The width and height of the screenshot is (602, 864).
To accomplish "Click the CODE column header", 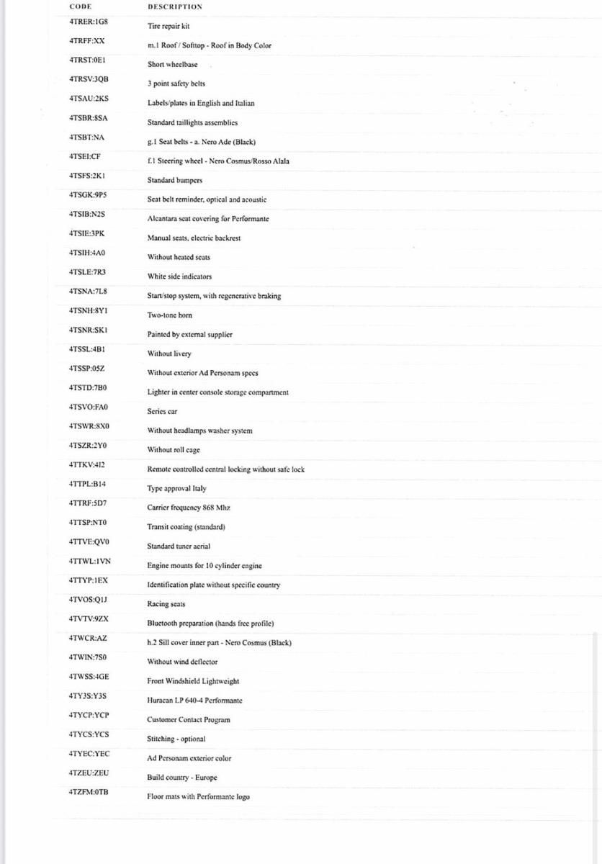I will [x=80, y=6].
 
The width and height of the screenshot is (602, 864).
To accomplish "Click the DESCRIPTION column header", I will [x=175, y=6].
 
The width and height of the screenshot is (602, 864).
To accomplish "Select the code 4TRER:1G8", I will [x=89, y=22].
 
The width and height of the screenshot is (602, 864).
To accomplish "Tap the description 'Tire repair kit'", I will [x=169, y=26].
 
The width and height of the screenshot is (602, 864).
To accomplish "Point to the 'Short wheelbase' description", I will [x=172, y=65].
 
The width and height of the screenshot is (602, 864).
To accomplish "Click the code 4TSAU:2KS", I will [x=89, y=99].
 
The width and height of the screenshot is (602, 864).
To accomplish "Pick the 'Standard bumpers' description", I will [x=175, y=180].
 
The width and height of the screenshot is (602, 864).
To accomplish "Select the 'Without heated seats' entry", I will [x=179, y=257].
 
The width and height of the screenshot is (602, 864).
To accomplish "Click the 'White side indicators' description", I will [x=179, y=276].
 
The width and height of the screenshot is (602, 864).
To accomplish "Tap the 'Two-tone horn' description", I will [x=170, y=315].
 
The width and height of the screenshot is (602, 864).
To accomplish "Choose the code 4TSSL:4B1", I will [x=88, y=349].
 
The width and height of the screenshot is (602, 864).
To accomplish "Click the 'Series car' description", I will [x=162, y=412].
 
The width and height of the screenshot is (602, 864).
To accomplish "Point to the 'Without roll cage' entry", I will [x=174, y=450].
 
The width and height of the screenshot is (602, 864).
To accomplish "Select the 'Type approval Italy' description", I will [x=176, y=489].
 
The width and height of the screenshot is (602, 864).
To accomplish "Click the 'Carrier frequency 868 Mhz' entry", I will [x=189, y=508].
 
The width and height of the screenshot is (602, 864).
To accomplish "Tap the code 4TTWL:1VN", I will [x=90, y=561].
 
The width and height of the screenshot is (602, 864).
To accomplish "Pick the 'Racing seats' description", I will [x=166, y=604].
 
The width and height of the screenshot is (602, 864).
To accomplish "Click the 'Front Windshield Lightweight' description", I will [x=193, y=681].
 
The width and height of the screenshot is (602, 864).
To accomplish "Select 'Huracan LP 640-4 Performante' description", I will [x=194, y=701].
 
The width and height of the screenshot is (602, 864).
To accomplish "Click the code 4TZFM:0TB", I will [x=89, y=792].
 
